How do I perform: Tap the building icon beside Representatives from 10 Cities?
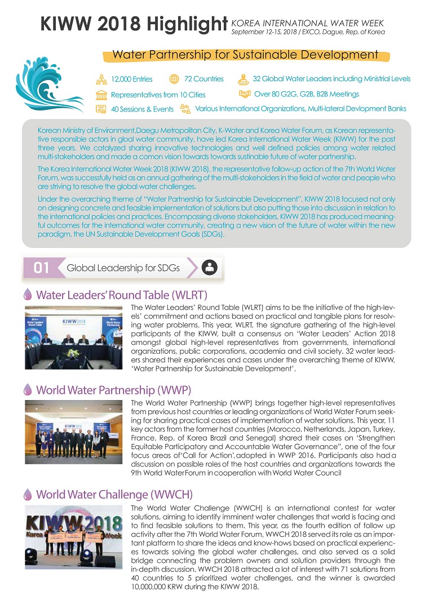click(x=101, y=94)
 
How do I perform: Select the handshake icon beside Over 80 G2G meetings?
click(x=245, y=94)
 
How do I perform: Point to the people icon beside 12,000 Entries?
click(x=101, y=79)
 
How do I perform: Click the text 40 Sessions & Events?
click(x=142, y=109)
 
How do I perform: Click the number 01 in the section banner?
click(x=41, y=268)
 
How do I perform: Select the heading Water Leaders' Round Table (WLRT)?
click(x=122, y=295)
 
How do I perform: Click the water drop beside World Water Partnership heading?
click(x=28, y=390)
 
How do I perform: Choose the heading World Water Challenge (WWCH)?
click(x=114, y=494)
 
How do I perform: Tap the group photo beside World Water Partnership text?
click(x=73, y=432)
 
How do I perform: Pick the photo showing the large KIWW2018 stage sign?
click(x=73, y=536)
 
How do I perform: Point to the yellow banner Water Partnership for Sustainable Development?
click(x=245, y=55)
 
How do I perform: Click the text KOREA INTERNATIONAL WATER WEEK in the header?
click(x=308, y=23)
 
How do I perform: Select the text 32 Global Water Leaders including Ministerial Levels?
click(x=331, y=79)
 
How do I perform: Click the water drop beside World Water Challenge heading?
click(x=28, y=494)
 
